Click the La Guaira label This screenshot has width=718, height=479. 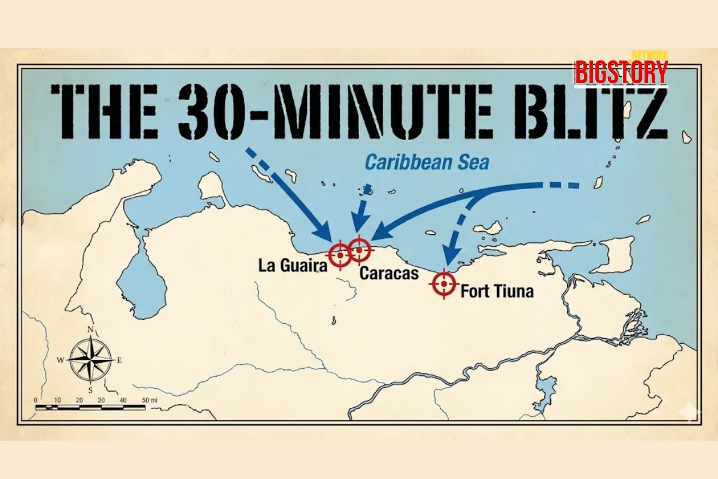point(293,265)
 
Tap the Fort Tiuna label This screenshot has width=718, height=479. point(497,293)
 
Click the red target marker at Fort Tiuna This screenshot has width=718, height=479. point(444,284)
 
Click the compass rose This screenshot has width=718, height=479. point(91,360)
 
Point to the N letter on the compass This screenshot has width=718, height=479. point(91,329)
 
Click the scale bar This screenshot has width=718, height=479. point(90,407)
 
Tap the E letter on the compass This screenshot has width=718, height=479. point(120,360)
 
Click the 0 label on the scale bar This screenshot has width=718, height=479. point(36,399)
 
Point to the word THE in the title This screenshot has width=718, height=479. point(105,111)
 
